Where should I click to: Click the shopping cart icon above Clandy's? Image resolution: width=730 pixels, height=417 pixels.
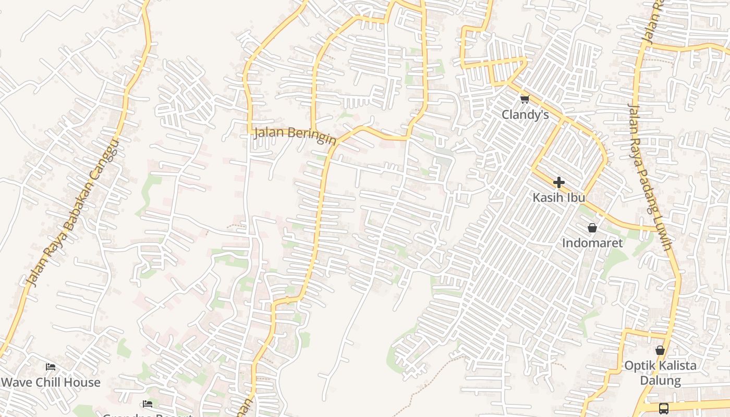tap(525, 99)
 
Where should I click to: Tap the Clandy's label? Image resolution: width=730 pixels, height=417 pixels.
tap(525, 115)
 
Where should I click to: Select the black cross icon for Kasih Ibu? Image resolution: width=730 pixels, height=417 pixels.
tap(558, 182)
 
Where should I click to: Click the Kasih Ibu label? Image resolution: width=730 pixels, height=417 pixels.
tap(558, 198)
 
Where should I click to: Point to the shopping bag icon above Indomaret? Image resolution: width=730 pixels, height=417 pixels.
tap(592, 228)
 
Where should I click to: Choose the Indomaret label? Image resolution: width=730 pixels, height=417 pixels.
tap(592, 243)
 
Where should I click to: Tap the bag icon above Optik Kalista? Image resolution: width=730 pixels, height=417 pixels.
tap(660, 350)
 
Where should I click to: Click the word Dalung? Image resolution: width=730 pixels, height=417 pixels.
tap(660, 381)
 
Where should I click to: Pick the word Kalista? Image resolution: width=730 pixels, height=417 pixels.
tap(676, 365)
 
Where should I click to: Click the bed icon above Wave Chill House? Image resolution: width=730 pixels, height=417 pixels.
tap(51, 367)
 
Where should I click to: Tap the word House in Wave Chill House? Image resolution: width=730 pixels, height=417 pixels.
tap(83, 382)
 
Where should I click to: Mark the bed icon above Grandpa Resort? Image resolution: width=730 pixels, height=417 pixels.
tap(148, 404)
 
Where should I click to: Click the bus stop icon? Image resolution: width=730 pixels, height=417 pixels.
tap(663, 408)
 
